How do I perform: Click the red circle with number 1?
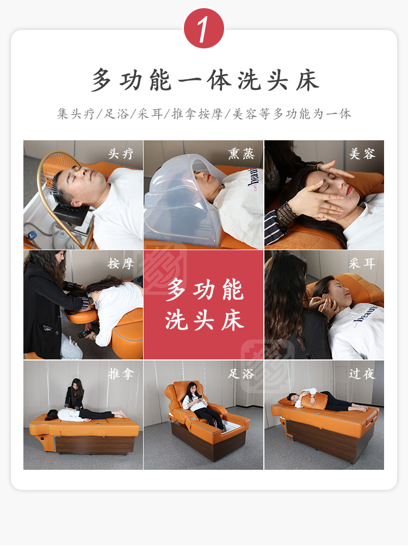click(x=204, y=28)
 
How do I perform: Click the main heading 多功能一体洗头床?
click(x=205, y=80)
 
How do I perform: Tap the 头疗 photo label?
click(x=121, y=153)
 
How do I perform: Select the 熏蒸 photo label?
click(x=241, y=153)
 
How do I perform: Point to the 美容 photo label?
click(x=362, y=153)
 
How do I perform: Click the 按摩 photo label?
click(x=121, y=263)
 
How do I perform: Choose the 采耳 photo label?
click(x=362, y=263)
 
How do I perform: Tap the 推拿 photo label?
click(x=121, y=374)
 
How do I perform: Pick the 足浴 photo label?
click(x=241, y=374)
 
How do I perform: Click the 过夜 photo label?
click(x=362, y=374)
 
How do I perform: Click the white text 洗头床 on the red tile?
click(x=204, y=320)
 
